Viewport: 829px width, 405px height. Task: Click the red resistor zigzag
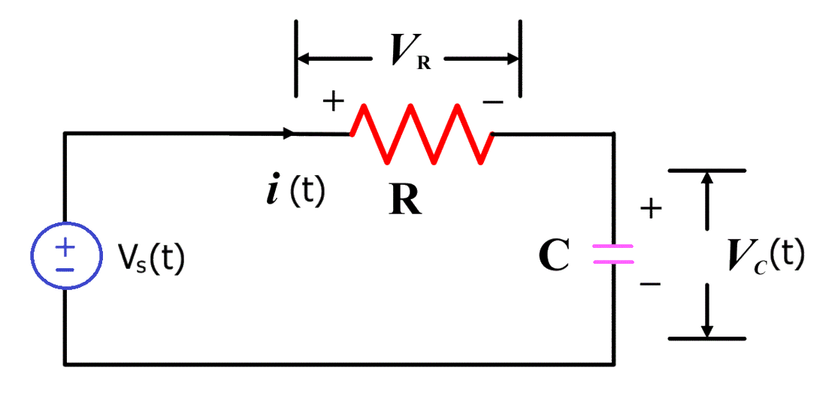click(x=421, y=134)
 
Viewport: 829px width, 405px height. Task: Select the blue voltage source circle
click(x=65, y=256)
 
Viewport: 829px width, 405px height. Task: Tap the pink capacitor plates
click(x=613, y=255)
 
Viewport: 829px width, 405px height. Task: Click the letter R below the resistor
click(x=405, y=200)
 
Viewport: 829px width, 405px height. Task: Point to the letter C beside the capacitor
click(x=555, y=256)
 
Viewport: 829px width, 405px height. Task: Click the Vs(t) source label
click(x=150, y=258)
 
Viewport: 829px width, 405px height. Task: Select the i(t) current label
click(x=295, y=192)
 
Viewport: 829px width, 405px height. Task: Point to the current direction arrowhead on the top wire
click(x=289, y=134)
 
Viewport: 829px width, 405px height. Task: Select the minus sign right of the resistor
click(x=492, y=102)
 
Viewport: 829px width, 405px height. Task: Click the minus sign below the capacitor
click(x=650, y=285)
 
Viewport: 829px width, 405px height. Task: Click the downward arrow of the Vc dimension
click(x=706, y=331)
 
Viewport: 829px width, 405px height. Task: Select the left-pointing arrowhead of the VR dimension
click(x=304, y=58)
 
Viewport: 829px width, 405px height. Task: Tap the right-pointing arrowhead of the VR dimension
click(x=513, y=58)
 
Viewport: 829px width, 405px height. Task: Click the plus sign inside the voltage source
click(x=65, y=246)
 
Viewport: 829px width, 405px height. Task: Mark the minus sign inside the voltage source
click(x=65, y=268)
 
